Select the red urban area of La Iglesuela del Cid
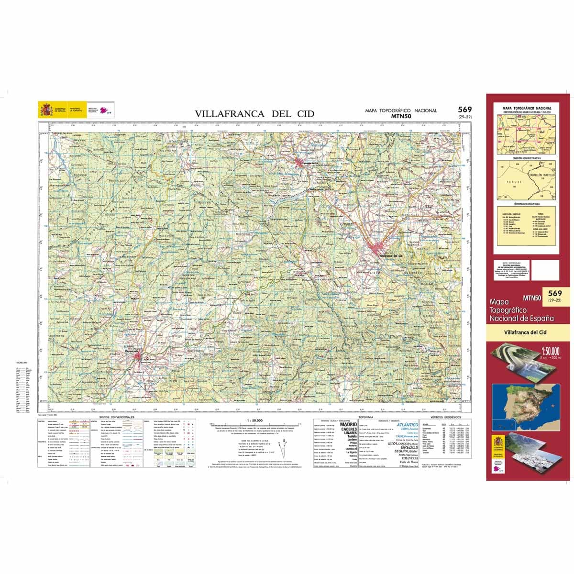coord(303,163)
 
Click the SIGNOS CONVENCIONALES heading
coord(116,417)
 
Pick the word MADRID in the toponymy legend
coord(348,424)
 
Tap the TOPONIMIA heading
coord(372,417)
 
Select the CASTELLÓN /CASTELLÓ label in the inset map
coord(541,176)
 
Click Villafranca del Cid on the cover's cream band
coord(525,332)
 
